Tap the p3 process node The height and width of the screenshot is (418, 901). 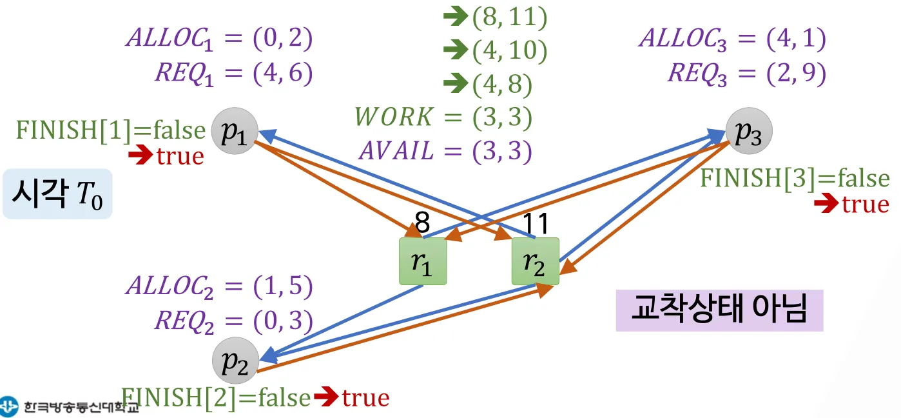(x=748, y=132)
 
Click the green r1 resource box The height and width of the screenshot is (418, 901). (x=423, y=261)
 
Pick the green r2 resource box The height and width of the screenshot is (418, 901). (x=535, y=261)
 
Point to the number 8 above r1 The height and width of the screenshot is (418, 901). (x=422, y=224)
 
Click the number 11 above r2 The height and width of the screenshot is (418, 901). (x=535, y=224)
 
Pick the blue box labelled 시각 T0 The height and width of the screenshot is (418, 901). (x=57, y=194)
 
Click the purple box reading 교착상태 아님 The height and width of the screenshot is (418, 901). (x=719, y=310)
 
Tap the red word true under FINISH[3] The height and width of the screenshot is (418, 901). (x=865, y=204)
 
